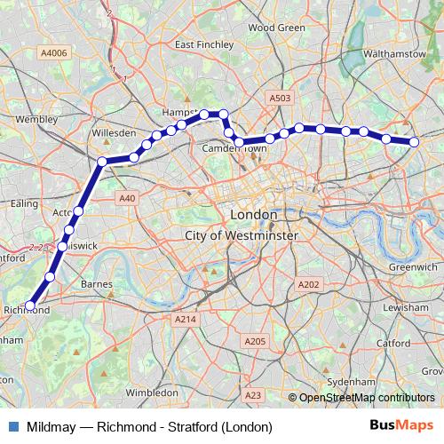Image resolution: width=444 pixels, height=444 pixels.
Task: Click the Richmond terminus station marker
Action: (x=29, y=305)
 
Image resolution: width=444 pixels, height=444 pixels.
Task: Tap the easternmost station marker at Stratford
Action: (x=414, y=142)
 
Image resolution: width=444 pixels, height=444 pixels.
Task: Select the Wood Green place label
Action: (x=276, y=28)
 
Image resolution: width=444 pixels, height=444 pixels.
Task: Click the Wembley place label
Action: (x=36, y=118)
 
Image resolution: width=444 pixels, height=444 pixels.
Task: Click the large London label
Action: (x=253, y=215)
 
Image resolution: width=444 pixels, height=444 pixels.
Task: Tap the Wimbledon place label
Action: (x=153, y=392)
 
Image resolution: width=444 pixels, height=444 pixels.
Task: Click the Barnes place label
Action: (x=96, y=284)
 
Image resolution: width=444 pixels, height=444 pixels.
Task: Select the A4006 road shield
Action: (x=52, y=54)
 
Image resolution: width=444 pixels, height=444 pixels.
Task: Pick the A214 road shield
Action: (x=185, y=319)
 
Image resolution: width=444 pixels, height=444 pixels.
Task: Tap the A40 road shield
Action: (x=127, y=199)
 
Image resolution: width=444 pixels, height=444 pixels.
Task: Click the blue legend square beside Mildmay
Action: (x=13, y=426)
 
